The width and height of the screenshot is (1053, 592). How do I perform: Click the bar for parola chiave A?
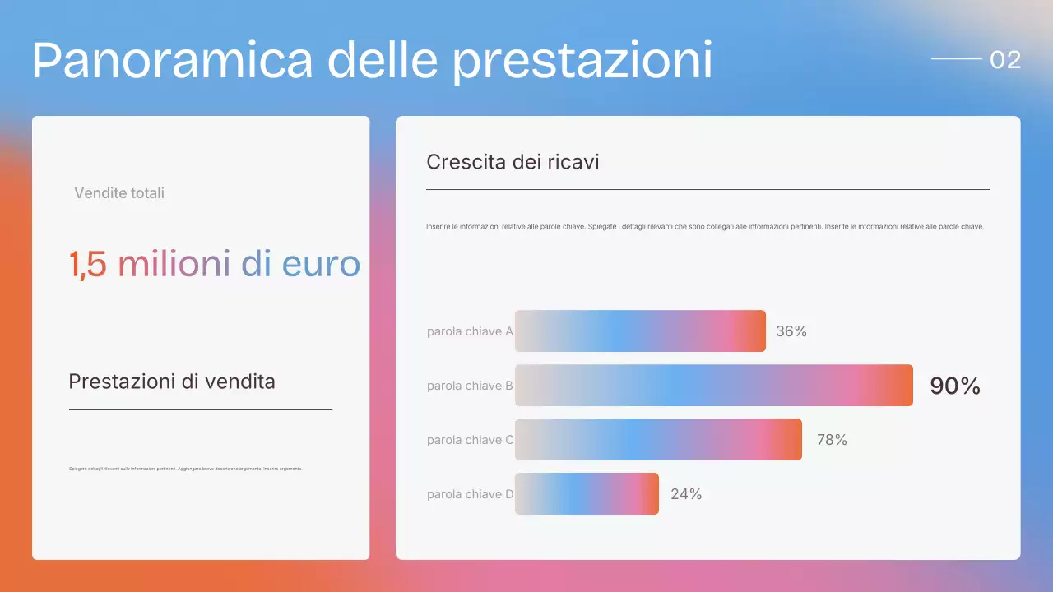tap(640, 331)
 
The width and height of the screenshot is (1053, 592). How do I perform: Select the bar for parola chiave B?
tap(714, 385)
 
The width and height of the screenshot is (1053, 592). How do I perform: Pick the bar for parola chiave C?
tap(658, 439)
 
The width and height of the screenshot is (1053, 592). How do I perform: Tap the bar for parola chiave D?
tap(587, 493)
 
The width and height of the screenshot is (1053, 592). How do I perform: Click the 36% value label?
tap(791, 331)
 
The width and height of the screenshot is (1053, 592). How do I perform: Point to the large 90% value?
tap(955, 386)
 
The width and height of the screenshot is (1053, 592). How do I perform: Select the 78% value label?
tap(832, 440)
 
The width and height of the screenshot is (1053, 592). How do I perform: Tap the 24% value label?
tap(686, 494)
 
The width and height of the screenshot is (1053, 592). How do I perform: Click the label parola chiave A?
tap(470, 331)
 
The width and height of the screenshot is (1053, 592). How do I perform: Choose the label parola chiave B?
tap(470, 386)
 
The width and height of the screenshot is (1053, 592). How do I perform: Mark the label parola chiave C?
tap(470, 440)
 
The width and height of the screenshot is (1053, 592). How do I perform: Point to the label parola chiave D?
tap(470, 494)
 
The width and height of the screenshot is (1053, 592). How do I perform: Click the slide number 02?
tap(1005, 59)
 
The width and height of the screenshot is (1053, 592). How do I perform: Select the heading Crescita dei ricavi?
tap(513, 162)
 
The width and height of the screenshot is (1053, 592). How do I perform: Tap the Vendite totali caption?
tap(119, 193)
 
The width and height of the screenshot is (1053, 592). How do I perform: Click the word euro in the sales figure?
tap(321, 265)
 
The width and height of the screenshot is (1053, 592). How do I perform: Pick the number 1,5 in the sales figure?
tap(87, 265)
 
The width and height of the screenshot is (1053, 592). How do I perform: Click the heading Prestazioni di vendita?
tap(172, 382)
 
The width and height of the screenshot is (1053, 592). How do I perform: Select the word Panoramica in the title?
tap(173, 59)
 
